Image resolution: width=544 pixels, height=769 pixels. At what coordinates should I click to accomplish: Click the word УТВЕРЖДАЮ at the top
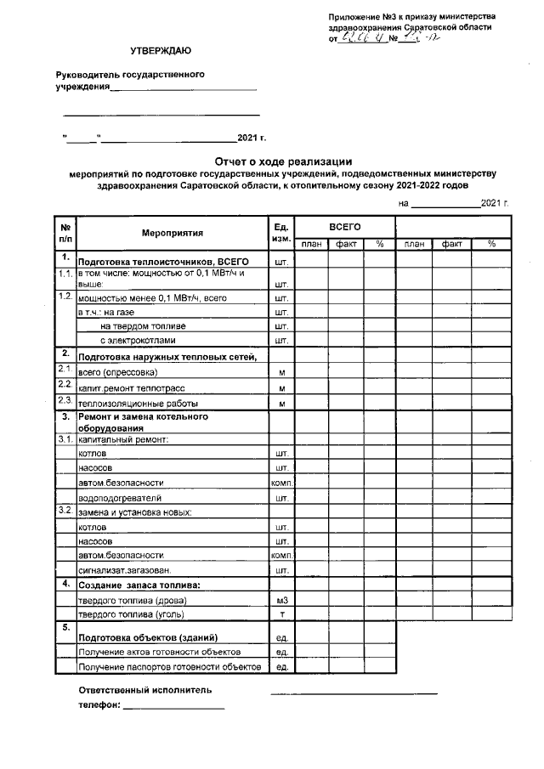[161, 53]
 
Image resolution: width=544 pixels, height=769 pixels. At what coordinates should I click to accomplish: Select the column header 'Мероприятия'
[173, 232]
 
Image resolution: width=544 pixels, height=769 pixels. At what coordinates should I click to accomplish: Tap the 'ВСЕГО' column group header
[345, 227]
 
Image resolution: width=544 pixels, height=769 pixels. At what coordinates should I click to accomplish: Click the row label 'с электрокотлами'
[138, 341]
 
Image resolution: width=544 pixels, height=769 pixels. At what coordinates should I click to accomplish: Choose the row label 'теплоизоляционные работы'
[138, 403]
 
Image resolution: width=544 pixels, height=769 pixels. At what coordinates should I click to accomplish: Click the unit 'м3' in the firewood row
[280, 601]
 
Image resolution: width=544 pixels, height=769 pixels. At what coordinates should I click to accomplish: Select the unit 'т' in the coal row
[280, 614]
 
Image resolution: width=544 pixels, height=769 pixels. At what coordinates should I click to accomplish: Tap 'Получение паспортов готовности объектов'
[169, 667]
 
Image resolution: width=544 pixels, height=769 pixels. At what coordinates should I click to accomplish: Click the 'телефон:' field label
[99, 705]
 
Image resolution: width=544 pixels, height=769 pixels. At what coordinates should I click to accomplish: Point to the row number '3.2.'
[65, 511]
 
